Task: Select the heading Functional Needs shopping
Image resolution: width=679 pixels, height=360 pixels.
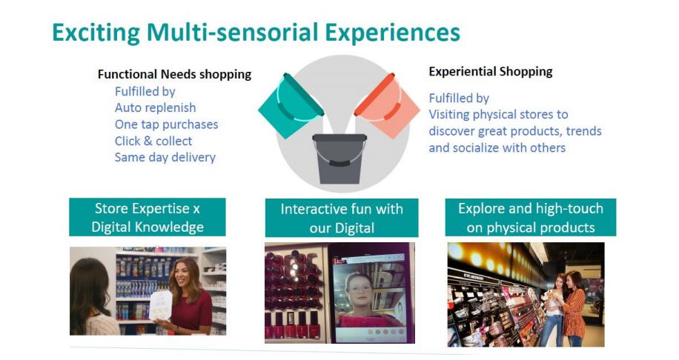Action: pos(174,74)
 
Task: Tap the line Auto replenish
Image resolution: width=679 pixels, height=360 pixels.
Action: pos(155,107)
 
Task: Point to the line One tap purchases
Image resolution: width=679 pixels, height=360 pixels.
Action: pos(166,124)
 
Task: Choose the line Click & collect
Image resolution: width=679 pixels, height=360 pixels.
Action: pos(153,141)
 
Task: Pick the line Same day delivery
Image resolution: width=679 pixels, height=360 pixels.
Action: pos(165,157)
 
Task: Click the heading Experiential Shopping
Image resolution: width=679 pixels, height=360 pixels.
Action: pos(491,71)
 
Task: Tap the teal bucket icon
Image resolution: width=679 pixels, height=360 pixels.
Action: pos(291,106)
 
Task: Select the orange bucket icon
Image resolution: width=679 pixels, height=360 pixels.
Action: pos(387,106)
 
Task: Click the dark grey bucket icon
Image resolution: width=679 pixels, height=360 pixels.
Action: pos(339,159)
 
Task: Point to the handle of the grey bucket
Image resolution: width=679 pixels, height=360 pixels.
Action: pos(339,161)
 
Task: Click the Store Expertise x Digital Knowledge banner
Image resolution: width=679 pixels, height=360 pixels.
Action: pos(148,217)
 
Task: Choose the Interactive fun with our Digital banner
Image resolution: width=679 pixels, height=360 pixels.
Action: pos(342,218)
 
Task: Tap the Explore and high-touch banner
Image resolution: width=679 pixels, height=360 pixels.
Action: pos(531,218)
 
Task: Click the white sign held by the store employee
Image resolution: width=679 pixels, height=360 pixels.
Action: pos(161,305)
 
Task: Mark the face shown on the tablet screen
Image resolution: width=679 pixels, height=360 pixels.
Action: pos(359,290)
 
